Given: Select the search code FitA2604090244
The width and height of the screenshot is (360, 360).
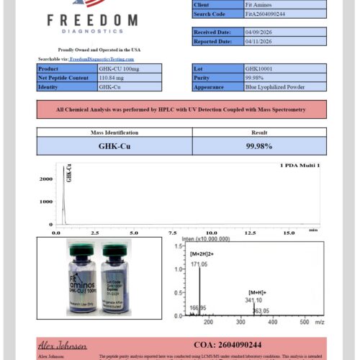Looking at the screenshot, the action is click(x=266, y=14).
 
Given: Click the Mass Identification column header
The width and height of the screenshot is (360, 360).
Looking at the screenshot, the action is click(x=114, y=132).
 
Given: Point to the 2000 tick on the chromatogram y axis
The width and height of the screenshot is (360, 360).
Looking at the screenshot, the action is click(x=45, y=179).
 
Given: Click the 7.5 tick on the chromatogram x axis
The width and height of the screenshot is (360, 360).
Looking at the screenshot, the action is click(x=172, y=233).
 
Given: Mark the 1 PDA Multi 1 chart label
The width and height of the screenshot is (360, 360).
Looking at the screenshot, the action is click(x=300, y=166).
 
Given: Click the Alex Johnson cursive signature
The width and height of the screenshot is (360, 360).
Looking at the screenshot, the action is click(x=63, y=345).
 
